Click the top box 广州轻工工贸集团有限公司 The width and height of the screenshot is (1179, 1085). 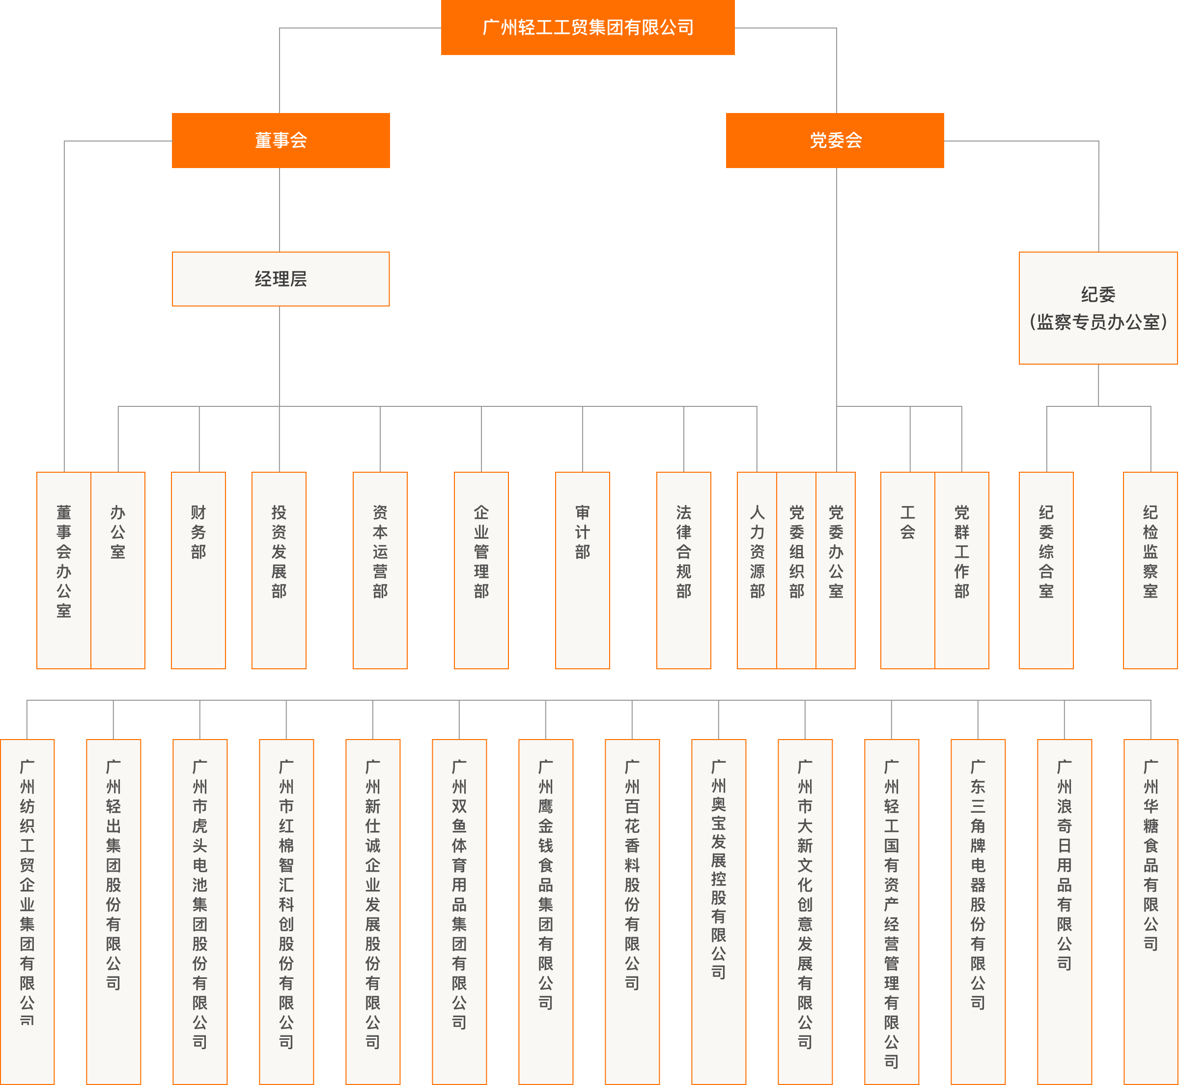[x=588, y=28]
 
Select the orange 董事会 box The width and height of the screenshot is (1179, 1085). [x=281, y=141]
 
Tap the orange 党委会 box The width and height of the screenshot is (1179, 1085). [x=835, y=141]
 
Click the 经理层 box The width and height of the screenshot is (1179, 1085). [x=281, y=279]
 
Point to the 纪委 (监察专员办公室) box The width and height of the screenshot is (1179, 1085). [x=1098, y=308]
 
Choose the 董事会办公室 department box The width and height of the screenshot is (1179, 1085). [x=64, y=570]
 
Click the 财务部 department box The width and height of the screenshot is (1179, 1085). [x=198, y=570]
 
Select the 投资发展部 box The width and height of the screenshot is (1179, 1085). [x=279, y=570]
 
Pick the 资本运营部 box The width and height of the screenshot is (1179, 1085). [x=380, y=570]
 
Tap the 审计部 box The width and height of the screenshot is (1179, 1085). [x=582, y=570]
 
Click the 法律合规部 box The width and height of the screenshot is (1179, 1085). [x=684, y=570]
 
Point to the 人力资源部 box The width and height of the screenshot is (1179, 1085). [x=757, y=570]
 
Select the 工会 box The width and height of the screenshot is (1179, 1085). [x=907, y=570]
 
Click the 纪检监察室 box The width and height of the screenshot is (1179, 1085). [x=1150, y=570]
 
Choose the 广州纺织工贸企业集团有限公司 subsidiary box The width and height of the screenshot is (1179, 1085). [x=27, y=910]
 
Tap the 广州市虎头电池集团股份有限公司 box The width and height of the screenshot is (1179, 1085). [x=199, y=910]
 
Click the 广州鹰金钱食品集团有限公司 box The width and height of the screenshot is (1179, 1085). [x=546, y=910]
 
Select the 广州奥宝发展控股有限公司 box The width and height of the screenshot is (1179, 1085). [x=718, y=910]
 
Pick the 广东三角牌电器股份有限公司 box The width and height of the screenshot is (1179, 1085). [x=978, y=910]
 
